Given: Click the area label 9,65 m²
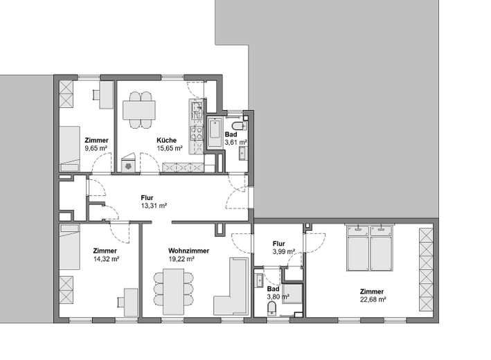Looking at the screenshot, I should click(96, 148).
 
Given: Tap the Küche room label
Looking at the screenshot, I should click(166, 140).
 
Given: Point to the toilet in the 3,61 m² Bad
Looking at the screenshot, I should click(238, 127).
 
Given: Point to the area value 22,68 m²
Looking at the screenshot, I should click(371, 300).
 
